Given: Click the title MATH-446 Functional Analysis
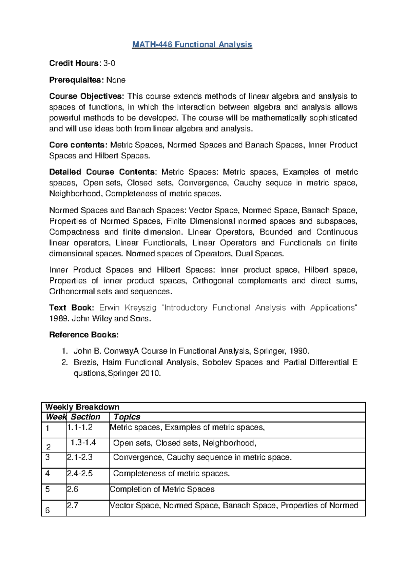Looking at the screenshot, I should pyautogui.click(x=192, y=45).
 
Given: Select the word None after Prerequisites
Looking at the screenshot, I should pyautogui.click(x=116, y=80).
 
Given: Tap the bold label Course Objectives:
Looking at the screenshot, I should pyautogui.click(x=87, y=97).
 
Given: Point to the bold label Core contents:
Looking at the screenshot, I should pyautogui.click(x=78, y=145).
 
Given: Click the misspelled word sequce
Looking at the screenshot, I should pyautogui.click(x=278, y=183).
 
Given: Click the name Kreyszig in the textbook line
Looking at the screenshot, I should pyautogui.click(x=140, y=308).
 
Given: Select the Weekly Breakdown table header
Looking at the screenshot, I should pyautogui.click(x=82, y=407).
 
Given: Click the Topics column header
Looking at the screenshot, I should pyautogui.click(x=127, y=417).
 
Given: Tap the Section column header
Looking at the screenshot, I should pyautogui.click(x=85, y=417).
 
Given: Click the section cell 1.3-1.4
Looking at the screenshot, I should pyautogui.click(x=83, y=443).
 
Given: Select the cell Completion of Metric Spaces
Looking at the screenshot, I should pyautogui.click(x=162, y=490).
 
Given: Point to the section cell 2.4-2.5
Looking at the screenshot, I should pyautogui.click(x=80, y=474).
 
